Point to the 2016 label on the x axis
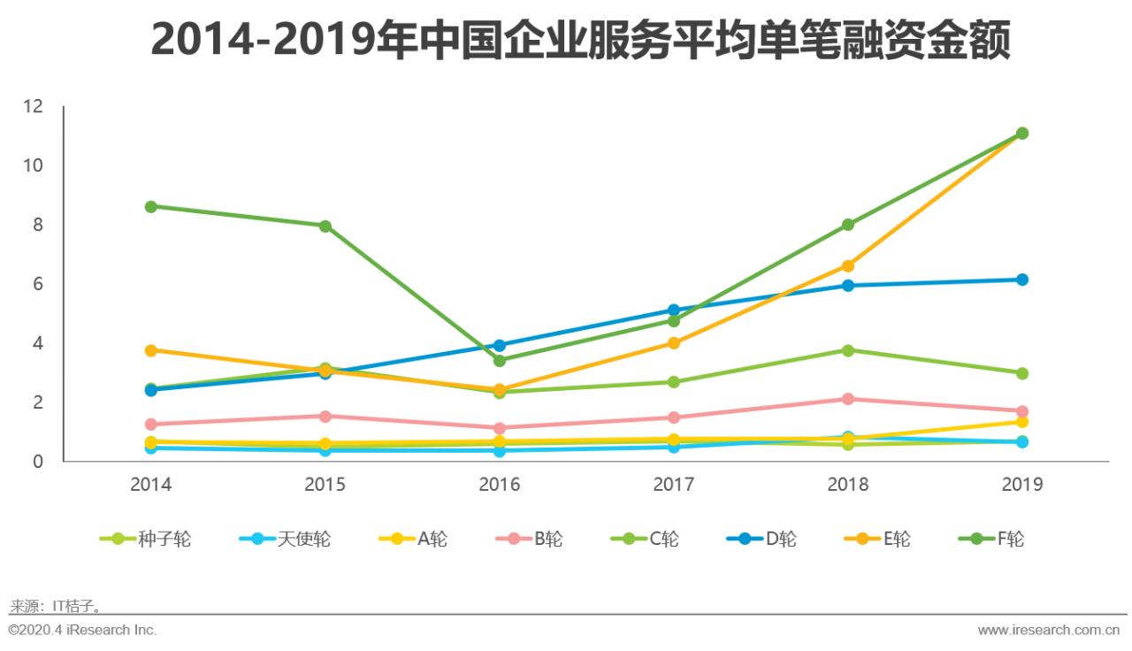[500, 485]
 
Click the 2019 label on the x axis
[1021, 485]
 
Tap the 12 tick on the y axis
[33, 106]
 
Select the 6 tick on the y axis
[37, 284]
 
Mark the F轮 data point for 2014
[150, 206]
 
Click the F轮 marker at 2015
[325, 226]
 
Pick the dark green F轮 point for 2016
[500, 360]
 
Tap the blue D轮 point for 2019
[1021, 280]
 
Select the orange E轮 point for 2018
[847, 265]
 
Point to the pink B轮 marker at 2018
[847, 399]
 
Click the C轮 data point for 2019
[1021, 373]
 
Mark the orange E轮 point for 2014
[150, 350]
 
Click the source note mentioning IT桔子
[56, 606]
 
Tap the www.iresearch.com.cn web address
[1049, 630]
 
